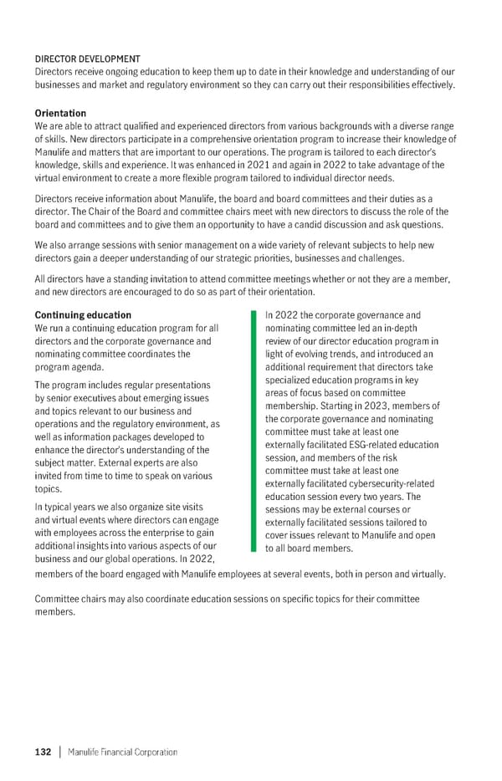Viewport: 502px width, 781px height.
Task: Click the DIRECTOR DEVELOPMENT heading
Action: (87, 59)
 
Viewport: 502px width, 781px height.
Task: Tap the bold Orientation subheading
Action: (60, 113)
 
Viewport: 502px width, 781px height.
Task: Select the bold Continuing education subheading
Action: (83, 315)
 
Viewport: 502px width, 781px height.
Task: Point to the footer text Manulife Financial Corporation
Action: (124, 752)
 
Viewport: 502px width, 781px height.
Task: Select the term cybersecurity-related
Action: (390, 484)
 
